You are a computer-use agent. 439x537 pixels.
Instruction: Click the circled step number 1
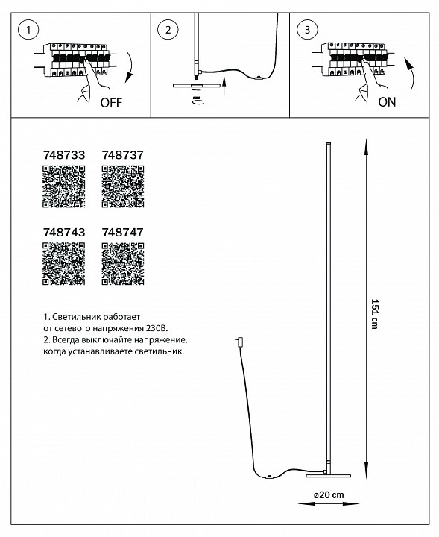click(x=28, y=31)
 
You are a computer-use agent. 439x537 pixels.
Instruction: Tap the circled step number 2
click(x=168, y=31)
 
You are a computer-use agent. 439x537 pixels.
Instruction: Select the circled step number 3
click(x=305, y=31)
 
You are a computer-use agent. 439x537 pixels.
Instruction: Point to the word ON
click(x=387, y=103)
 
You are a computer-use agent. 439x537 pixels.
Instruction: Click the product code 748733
click(x=60, y=154)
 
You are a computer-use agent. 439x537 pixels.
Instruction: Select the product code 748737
click(x=121, y=154)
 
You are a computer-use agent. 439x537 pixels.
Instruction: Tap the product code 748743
click(x=60, y=232)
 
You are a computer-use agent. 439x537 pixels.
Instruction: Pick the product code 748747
click(x=121, y=232)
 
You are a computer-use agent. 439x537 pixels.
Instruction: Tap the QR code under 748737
click(x=121, y=186)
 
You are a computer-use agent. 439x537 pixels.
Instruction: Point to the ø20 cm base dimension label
click(x=328, y=494)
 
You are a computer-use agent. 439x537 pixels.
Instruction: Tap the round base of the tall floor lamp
click(x=329, y=471)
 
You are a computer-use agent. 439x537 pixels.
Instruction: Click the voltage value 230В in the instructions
click(x=158, y=327)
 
